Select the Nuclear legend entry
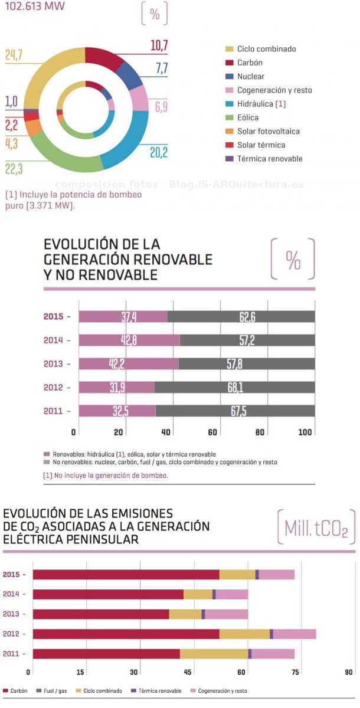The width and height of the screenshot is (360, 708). (x=251, y=77)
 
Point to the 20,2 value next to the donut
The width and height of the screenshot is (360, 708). (x=159, y=153)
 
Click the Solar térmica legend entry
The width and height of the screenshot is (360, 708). (x=261, y=145)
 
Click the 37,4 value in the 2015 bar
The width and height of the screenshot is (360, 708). (x=129, y=317)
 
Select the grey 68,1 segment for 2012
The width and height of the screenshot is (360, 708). (x=235, y=387)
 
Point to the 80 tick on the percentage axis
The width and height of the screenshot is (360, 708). (x=260, y=432)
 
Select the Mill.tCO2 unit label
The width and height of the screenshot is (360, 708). (x=316, y=528)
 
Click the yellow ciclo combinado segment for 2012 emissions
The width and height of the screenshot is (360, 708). (x=244, y=634)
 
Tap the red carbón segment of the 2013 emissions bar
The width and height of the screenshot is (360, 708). (x=101, y=614)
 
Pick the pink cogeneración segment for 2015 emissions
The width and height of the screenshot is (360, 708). (x=277, y=575)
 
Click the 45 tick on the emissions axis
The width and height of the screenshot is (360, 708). (x=188, y=672)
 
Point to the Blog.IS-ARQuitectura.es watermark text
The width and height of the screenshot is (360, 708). (x=236, y=184)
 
